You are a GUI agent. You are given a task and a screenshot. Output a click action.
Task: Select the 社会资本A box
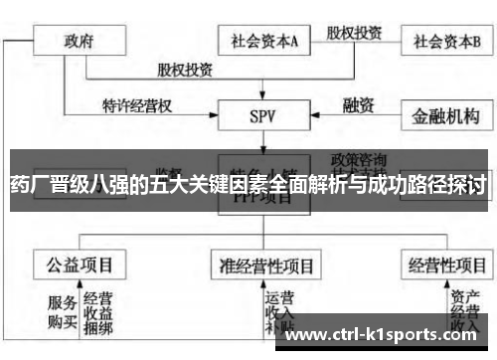264,43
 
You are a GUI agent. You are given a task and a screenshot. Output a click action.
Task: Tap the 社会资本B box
447,43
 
